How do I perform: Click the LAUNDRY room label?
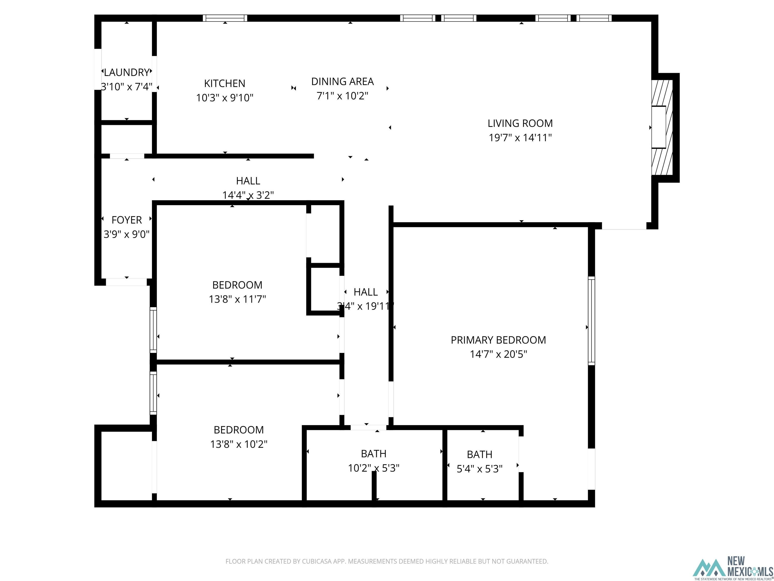127,72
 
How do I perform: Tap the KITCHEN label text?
225,83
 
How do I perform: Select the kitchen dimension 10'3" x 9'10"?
225,98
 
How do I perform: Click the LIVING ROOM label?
520,123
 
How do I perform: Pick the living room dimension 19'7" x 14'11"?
520,138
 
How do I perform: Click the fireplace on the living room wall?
662,128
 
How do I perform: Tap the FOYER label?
127,220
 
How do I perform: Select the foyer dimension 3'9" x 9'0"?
127,234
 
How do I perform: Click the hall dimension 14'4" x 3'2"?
248,195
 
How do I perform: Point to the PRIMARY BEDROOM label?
498,340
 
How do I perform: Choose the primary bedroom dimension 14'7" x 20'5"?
498,354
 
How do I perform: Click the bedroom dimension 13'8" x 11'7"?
237,299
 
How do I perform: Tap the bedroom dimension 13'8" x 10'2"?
239,444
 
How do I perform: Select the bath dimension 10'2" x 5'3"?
374,468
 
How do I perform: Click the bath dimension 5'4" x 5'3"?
480,469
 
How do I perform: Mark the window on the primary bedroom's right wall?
591,321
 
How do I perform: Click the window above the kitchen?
225,18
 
